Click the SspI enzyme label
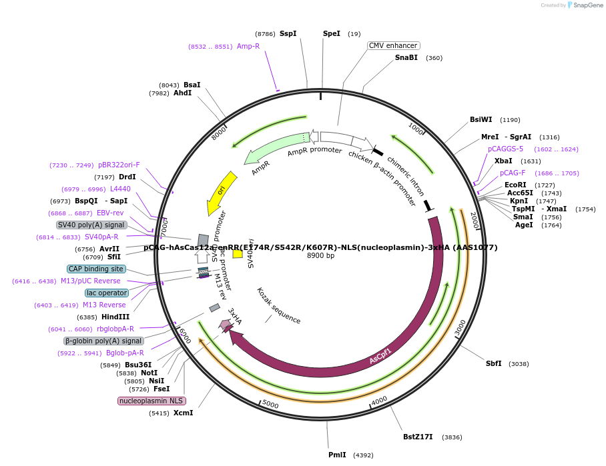288,33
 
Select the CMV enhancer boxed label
394,45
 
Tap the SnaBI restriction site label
406,58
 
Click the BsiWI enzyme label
481,120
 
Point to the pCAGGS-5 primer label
505,149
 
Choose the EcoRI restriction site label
515,185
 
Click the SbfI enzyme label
493,363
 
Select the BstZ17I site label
418,437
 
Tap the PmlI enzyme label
337,455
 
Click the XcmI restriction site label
183,413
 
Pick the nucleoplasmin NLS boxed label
151,401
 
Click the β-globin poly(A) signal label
103,341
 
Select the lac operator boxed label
106,293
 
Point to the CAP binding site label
96,269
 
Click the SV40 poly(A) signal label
91,225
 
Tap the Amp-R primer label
248,46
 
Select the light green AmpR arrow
274,149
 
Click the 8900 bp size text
320,255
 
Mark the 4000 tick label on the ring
379,401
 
